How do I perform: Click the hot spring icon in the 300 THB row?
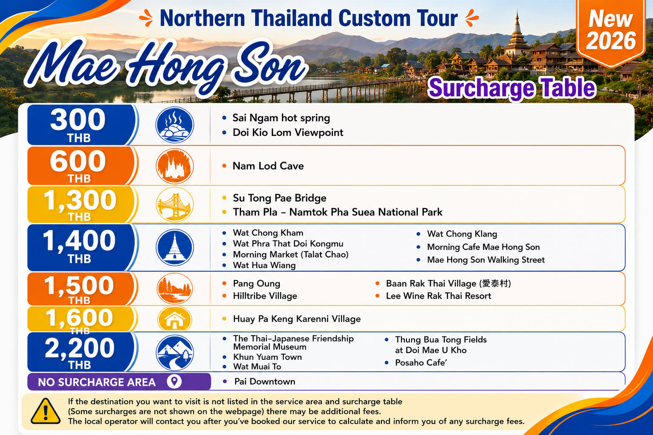coord(175,125)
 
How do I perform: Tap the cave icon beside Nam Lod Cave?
coord(175,166)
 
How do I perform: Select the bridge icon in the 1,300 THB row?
coord(175,204)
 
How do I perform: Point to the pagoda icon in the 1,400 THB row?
coord(175,247)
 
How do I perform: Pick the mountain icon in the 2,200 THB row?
coord(175,352)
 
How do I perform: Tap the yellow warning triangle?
coord(45,411)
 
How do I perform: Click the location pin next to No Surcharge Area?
coord(174,381)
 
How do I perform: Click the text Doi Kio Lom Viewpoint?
coord(288,133)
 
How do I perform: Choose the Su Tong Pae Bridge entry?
coord(280,198)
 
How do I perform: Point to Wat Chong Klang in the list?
coord(462,234)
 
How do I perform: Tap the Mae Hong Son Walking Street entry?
coord(486,260)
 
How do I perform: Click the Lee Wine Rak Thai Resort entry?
coord(438,296)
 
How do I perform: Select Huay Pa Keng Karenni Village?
coord(297,319)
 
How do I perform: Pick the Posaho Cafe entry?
coord(421,363)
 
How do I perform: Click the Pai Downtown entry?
coord(265,381)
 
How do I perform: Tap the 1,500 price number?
coord(79,285)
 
